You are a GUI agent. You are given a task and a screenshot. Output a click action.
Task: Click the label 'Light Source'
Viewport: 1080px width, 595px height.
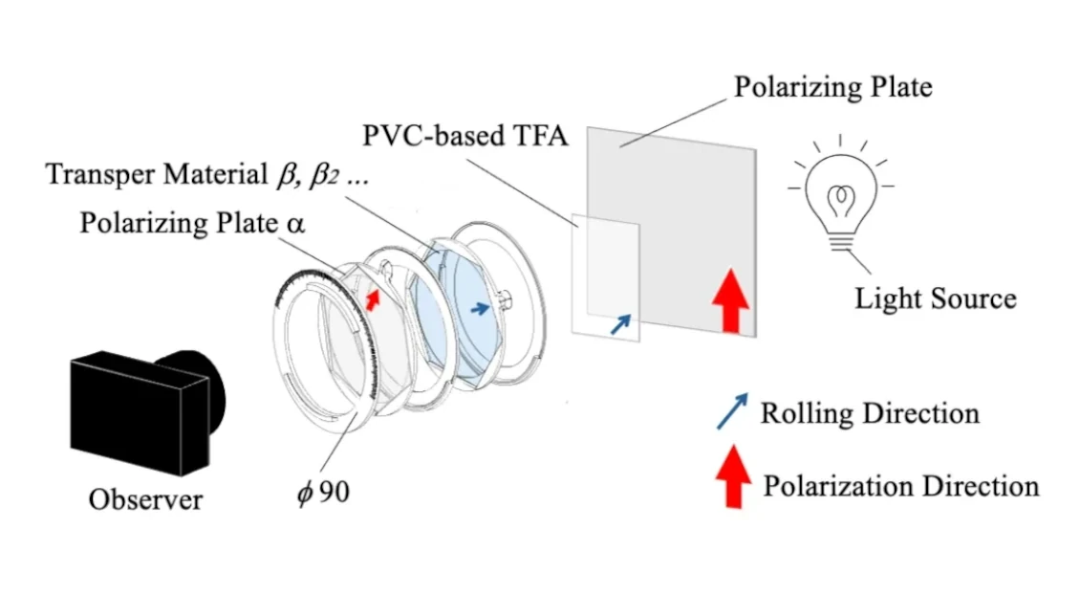tap(936, 298)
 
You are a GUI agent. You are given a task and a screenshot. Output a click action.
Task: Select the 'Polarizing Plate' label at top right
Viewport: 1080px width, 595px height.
tap(832, 87)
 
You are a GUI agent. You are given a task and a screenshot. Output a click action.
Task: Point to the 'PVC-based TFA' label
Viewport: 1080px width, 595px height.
tap(465, 136)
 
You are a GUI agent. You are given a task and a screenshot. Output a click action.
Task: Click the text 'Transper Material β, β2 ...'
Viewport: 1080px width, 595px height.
tap(207, 174)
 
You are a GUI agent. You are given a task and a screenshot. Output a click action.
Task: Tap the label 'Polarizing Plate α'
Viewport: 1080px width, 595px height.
tap(192, 224)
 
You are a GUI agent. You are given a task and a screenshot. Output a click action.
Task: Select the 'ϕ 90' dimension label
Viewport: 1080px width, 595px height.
tap(323, 493)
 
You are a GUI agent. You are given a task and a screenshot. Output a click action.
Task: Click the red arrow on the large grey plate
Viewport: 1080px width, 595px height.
tap(731, 300)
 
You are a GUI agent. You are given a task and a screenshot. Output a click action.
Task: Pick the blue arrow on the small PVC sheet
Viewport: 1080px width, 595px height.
tap(620, 324)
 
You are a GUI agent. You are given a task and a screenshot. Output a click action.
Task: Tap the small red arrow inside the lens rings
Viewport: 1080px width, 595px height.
tap(373, 300)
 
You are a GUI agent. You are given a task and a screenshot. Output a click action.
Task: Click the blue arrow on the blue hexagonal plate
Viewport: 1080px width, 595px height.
tap(480, 308)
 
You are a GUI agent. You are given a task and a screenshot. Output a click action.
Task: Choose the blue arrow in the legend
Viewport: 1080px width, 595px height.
tap(732, 411)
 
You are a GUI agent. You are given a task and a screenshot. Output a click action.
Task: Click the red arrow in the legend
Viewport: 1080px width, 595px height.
tap(734, 476)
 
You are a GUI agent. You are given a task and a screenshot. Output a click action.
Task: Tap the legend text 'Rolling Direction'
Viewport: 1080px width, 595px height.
tap(870, 413)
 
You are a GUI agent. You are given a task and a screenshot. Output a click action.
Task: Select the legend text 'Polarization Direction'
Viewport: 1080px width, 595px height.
tap(901, 486)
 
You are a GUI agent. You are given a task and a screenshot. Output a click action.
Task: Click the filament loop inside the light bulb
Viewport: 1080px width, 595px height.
tap(841, 200)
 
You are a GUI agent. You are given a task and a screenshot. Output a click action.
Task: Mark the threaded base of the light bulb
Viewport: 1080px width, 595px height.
tap(840, 242)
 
